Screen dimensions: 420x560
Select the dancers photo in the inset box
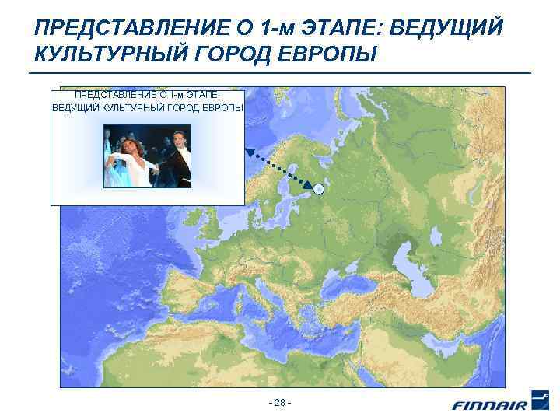coord(147,156)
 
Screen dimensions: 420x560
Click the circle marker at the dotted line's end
coord(319,188)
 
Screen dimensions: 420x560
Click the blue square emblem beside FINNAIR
coord(539,399)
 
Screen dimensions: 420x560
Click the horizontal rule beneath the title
coord(280,73)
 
